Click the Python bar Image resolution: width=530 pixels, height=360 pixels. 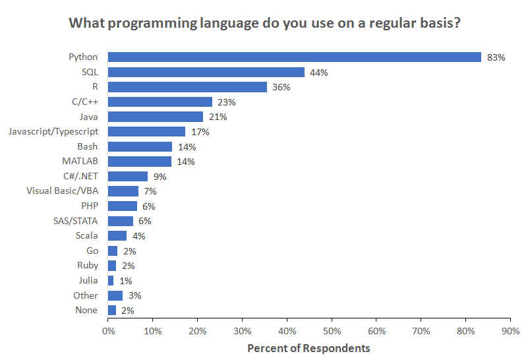point(294,57)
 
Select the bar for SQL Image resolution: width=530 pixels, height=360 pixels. point(206,73)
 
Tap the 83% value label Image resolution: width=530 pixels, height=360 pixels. point(496,57)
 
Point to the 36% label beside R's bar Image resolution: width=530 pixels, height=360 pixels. point(281,87)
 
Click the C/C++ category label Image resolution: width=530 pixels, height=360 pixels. point(84,102)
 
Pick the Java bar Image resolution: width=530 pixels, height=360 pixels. point(155,117)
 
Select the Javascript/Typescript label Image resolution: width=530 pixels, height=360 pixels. point(53,132)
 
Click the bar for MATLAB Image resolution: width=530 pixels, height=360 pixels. point(139,162)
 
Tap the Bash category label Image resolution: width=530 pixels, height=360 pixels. point(87,146)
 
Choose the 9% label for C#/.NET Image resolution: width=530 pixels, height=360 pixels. point(160,177)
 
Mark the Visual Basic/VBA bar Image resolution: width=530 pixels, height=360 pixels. point(123,191)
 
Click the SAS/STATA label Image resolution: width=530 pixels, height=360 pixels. point(76,221)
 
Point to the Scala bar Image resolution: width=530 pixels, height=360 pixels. point(117,236)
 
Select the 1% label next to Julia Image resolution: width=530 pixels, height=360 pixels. point(125,281)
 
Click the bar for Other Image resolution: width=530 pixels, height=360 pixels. point(115,295)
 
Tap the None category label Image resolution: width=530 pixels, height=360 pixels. point(86,311)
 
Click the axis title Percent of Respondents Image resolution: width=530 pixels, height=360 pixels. point(309,348)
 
